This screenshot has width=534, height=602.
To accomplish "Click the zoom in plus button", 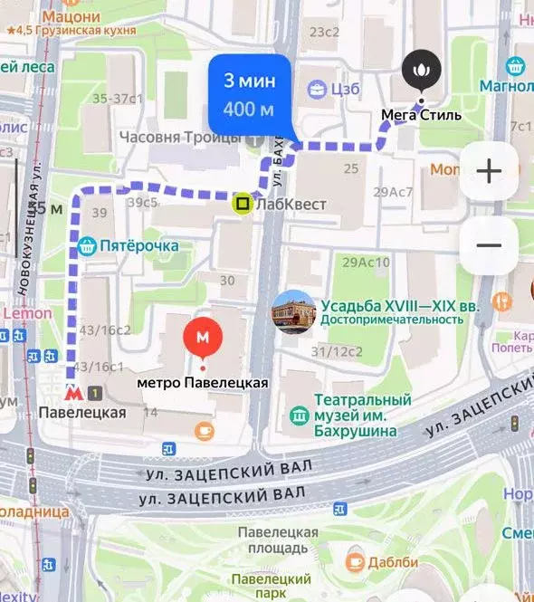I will tap(489, 172).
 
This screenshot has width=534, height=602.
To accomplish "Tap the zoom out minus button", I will tap(489, 245).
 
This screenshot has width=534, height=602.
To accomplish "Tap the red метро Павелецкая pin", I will tap(203, 339).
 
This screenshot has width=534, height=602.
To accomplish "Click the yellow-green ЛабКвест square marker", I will tap(243, 204).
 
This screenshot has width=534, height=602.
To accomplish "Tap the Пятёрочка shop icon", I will tap(88, 245).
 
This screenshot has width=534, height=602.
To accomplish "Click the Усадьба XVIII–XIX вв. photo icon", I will tap(293, 311).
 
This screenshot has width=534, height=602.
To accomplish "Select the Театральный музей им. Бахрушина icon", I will tap(299, 416).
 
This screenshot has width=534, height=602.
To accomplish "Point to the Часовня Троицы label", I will tap(182, 138).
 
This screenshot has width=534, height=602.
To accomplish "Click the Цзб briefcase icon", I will tap(317, 89).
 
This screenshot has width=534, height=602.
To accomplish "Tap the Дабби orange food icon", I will tap(356, 561).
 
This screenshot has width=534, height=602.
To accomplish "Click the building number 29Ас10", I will tap(366, 263).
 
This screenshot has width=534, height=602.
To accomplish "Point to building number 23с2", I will tap(324, 32).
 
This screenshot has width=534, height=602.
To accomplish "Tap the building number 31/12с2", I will tap(337, 351).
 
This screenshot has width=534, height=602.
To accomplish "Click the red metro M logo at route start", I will tap(73, 393).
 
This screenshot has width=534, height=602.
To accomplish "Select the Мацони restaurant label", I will tap(71, 16).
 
